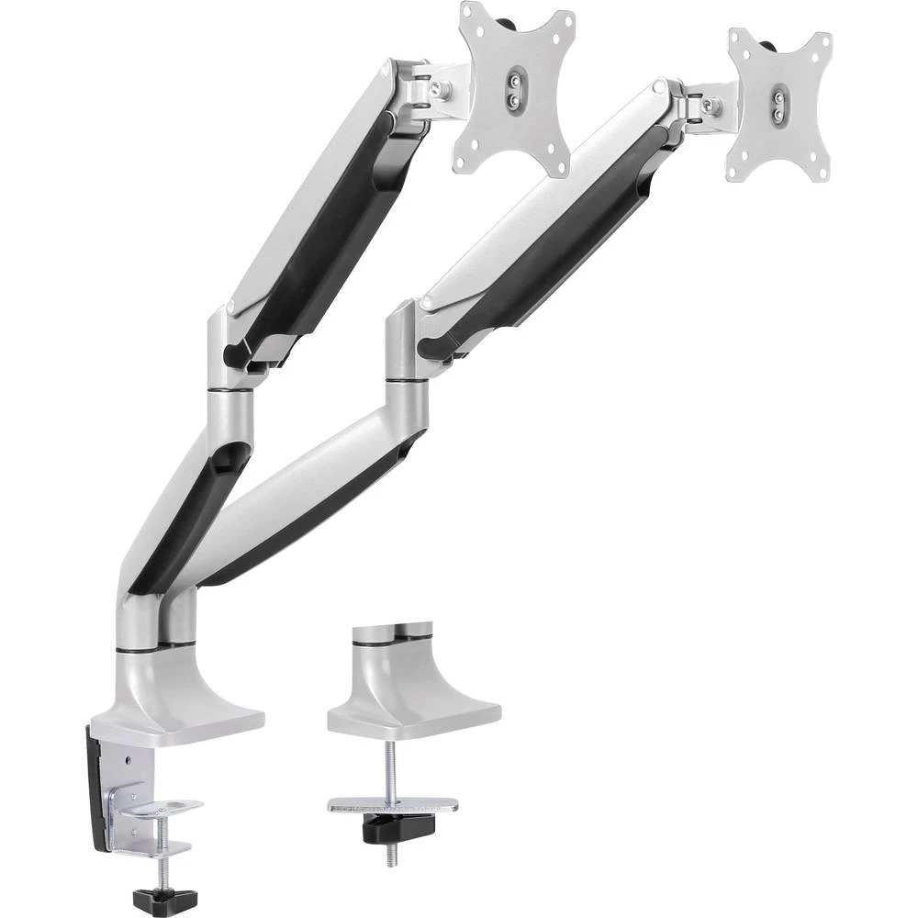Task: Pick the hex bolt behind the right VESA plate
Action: pos(709,106)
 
